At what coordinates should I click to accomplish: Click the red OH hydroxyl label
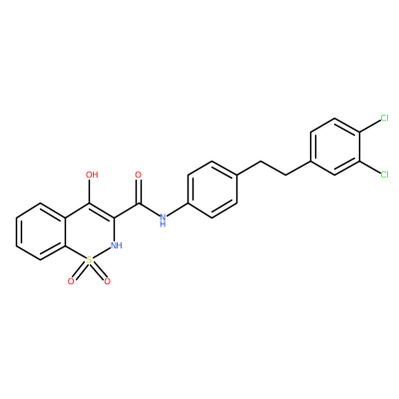click(92, 175)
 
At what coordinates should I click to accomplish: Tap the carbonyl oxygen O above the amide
click(139, 175)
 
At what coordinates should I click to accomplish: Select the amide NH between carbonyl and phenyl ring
click(163, 220)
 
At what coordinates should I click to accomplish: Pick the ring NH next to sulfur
click(116, 245)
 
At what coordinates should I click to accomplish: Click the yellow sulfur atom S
click(89, 260)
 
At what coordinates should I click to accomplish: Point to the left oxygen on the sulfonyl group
click(71, 282)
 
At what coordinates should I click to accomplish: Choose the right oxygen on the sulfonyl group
click(107, 282)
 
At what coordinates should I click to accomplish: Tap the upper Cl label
click(385, 118)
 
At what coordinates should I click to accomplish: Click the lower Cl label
click(385, 175)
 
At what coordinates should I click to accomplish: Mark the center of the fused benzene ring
click(41, 231)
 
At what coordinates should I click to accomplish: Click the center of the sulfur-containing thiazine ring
click(90, 231)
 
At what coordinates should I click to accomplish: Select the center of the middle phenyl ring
click(212, 190)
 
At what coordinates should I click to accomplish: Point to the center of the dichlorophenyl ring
click(335, 147)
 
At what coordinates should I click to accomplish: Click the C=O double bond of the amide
click(139, 192)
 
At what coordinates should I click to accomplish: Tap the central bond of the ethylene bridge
click(273, 168)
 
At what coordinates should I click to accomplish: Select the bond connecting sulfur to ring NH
click(101, 253)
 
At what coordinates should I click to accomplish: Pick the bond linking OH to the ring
click(90, 192)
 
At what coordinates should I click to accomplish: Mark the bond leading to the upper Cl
click(369, 127)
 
